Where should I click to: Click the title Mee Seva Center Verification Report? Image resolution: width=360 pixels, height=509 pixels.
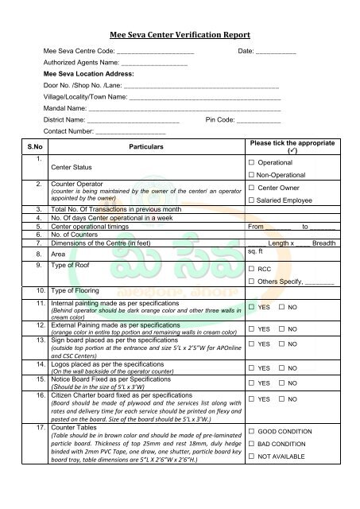pyautogui.click(x=180, y=35)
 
